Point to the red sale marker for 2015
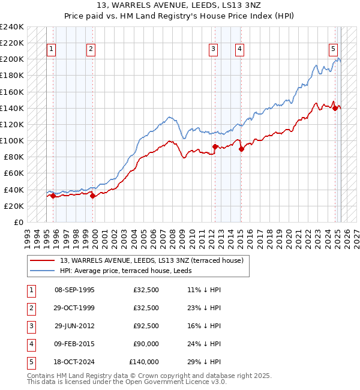(x=241, y=149)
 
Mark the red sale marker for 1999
(x=92, y=196)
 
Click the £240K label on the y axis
(x=12, y=27)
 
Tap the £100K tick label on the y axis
(x=12, y=140)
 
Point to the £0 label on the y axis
(x=19, y=222)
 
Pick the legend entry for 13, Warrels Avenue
(x=151, y=260)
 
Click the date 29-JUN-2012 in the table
(x=74, y=326)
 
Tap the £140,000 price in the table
(x=144, y=362)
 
